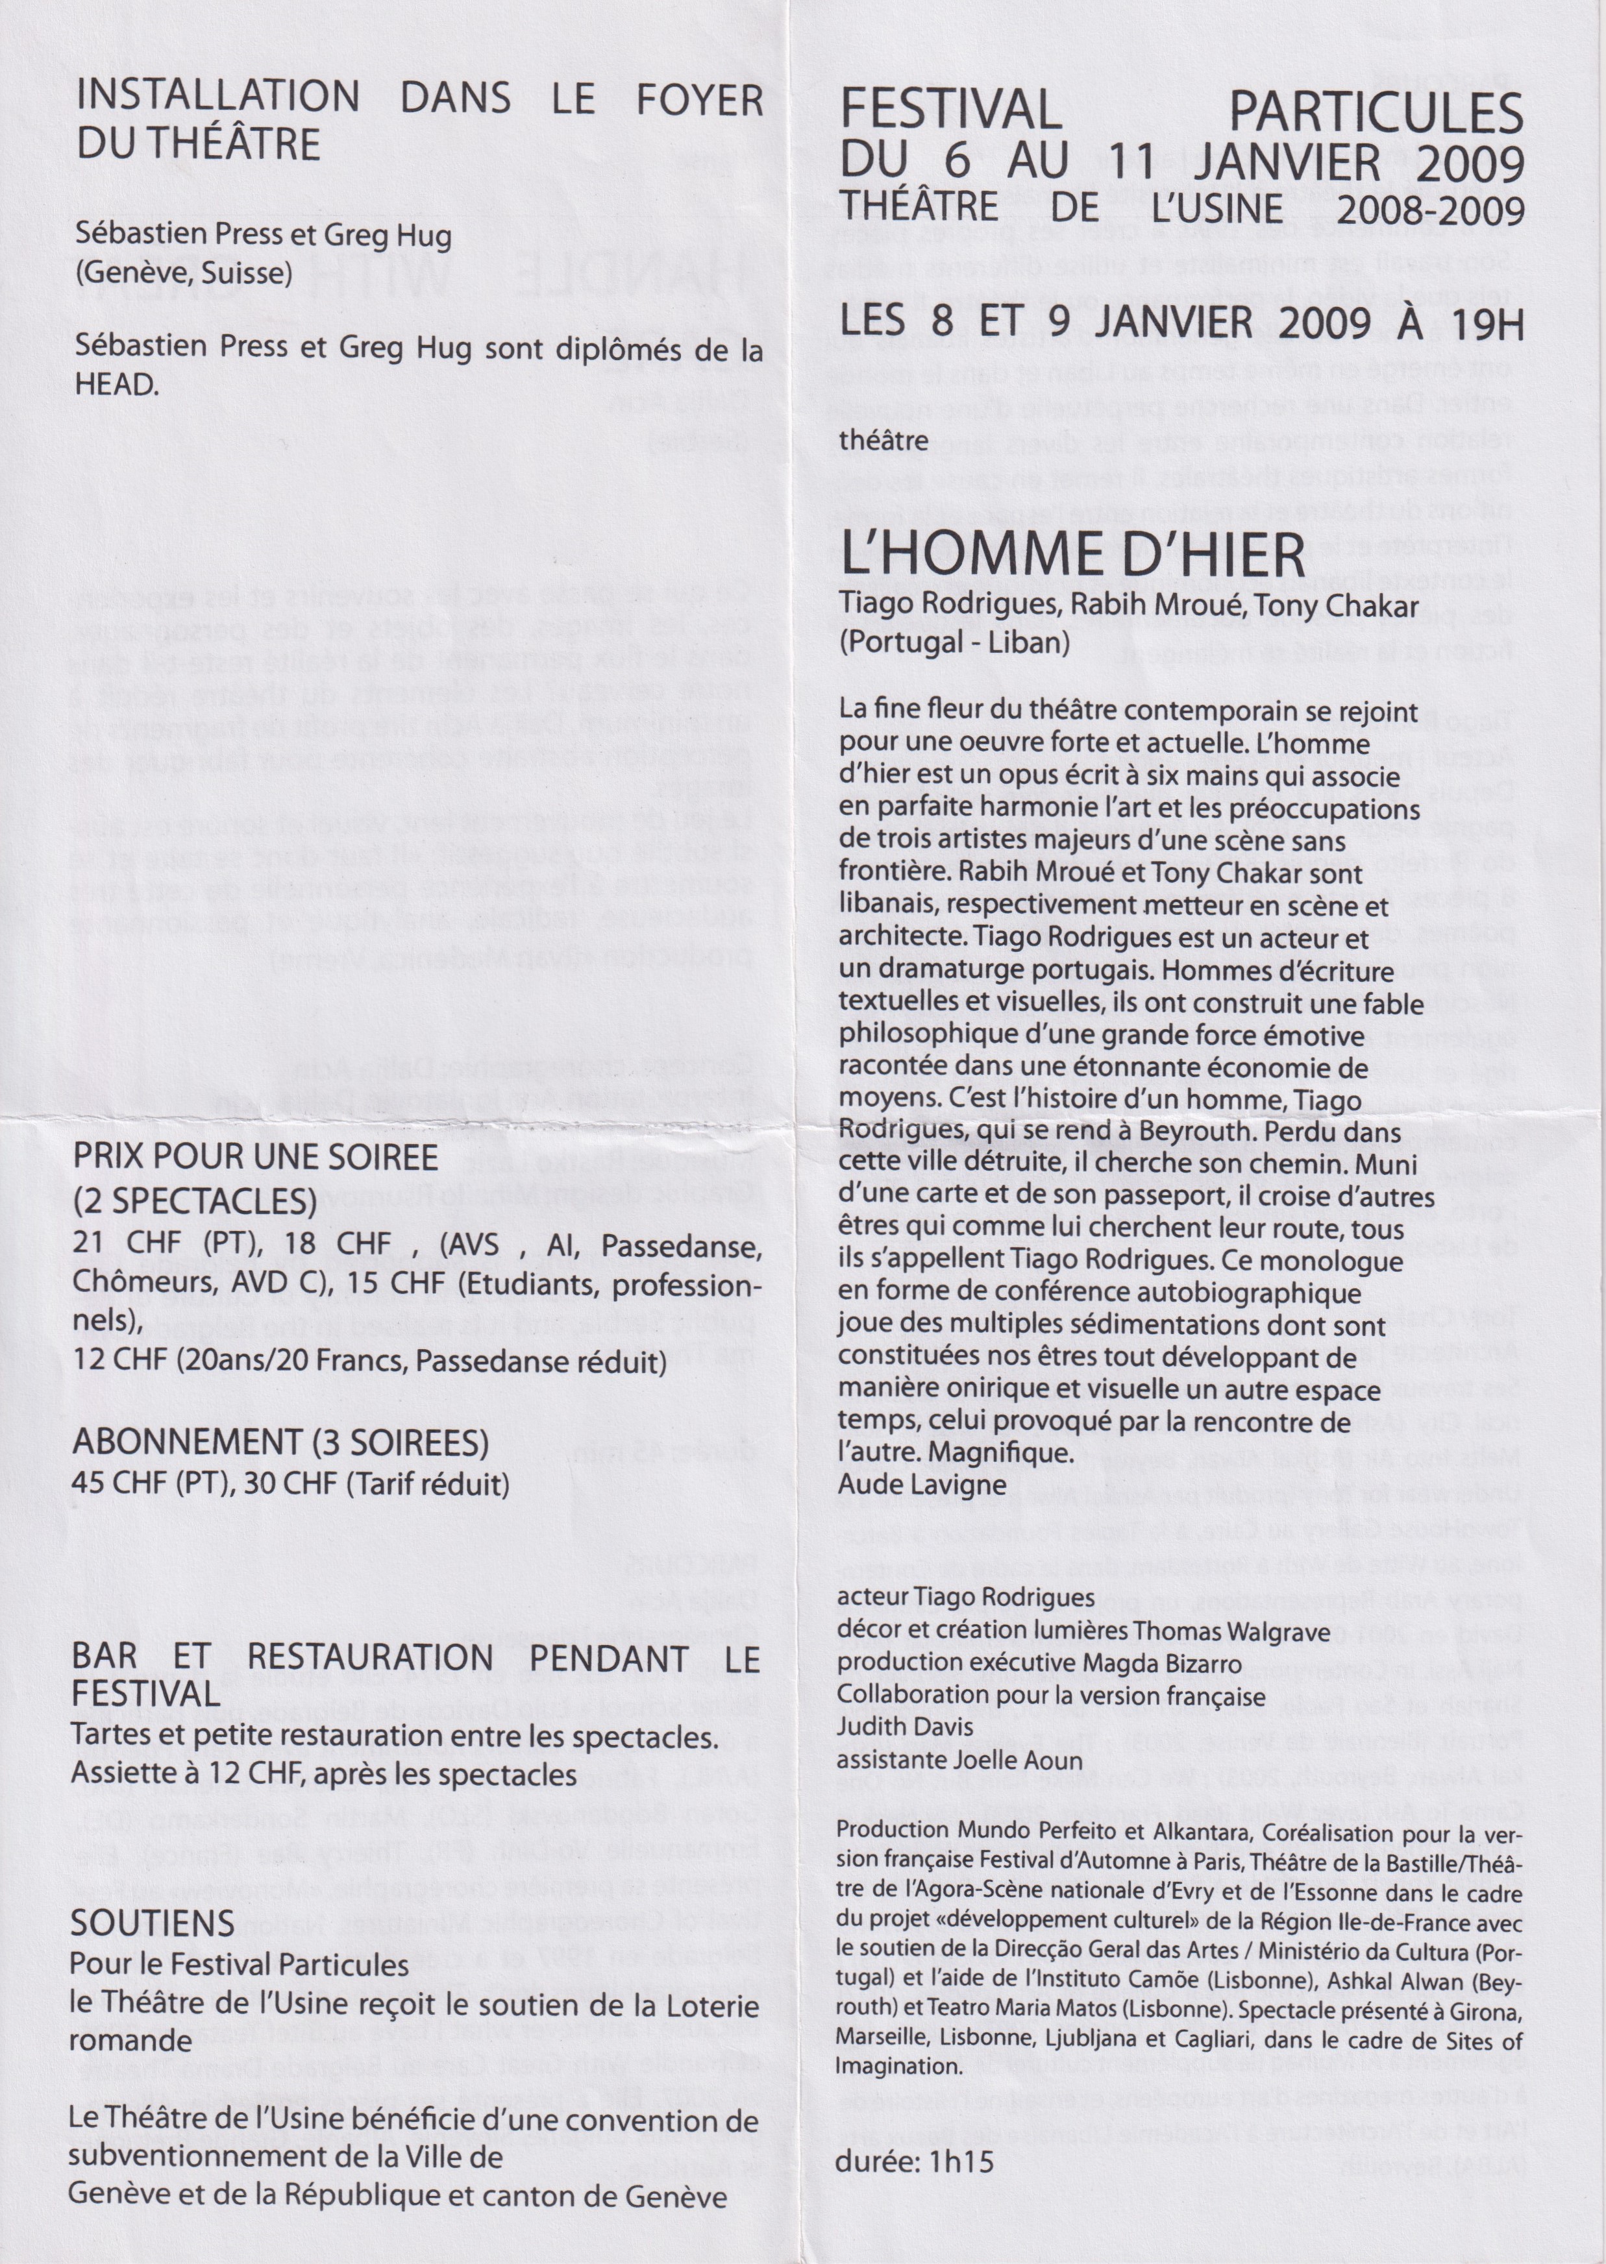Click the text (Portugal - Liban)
coord(954,642)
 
